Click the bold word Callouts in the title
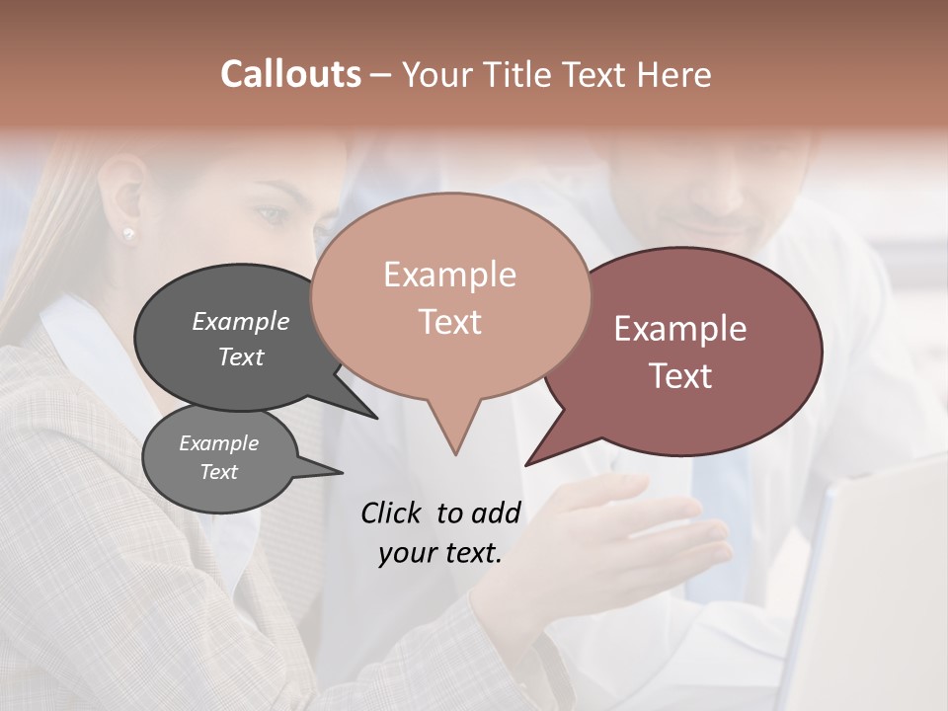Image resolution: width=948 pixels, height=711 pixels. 290,74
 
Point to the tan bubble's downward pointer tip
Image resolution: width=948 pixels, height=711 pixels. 455,451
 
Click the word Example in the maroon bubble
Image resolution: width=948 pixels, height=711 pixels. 680,329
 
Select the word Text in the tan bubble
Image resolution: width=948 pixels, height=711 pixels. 450,322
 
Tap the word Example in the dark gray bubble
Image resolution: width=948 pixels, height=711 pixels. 241,321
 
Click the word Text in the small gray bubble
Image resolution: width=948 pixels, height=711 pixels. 219,472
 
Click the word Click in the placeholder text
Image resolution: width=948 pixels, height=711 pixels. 392,513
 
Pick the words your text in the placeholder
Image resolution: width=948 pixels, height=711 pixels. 440,553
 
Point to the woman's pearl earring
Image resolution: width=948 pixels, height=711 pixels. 127,234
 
